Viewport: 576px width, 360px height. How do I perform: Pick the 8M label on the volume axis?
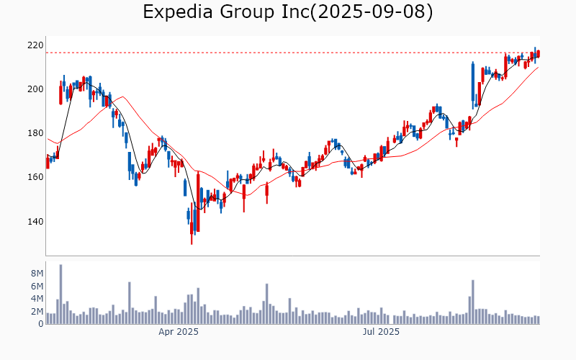[37, 274]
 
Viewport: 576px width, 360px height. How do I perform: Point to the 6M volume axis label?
[37, 287]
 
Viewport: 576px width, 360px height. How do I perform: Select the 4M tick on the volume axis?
[37, 299]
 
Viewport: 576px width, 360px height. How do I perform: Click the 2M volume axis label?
[37, 312]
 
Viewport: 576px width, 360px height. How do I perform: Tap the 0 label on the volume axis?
[41, 324]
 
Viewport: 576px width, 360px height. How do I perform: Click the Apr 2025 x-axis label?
[179, 332]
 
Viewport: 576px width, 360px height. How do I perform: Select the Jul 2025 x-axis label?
[381, 332]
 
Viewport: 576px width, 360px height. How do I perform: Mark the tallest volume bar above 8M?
[60, 294]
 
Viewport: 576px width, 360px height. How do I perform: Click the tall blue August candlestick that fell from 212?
[472, 82]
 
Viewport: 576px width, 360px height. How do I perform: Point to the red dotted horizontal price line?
[288, 53]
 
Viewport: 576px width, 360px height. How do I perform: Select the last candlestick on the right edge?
[538, 54]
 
